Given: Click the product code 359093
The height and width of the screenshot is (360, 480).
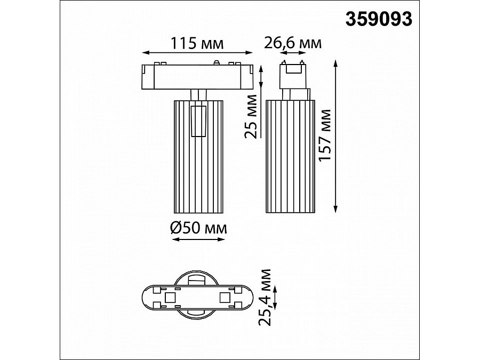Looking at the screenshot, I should point(379,19).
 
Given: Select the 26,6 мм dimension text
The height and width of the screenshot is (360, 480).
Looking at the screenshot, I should point(293,43).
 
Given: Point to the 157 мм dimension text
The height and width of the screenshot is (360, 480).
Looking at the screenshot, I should point(326,137).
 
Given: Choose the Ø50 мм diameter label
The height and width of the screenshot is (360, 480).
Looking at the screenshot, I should point(198,229).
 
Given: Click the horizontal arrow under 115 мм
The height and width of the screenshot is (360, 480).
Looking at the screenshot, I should point(196,52).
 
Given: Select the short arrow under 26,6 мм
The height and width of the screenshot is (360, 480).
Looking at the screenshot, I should point(292,53).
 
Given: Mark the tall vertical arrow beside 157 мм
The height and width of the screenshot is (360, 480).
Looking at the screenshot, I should point(336,137).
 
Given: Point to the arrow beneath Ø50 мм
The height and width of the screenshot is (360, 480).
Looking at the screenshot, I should point(198,241).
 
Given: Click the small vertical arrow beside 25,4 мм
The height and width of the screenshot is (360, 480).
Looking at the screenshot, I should point(276,297).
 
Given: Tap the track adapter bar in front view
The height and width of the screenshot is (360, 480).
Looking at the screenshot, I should point(196,76).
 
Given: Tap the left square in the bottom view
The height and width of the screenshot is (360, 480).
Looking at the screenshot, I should point(171,297).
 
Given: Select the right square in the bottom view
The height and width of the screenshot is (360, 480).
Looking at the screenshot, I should point(225,297).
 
